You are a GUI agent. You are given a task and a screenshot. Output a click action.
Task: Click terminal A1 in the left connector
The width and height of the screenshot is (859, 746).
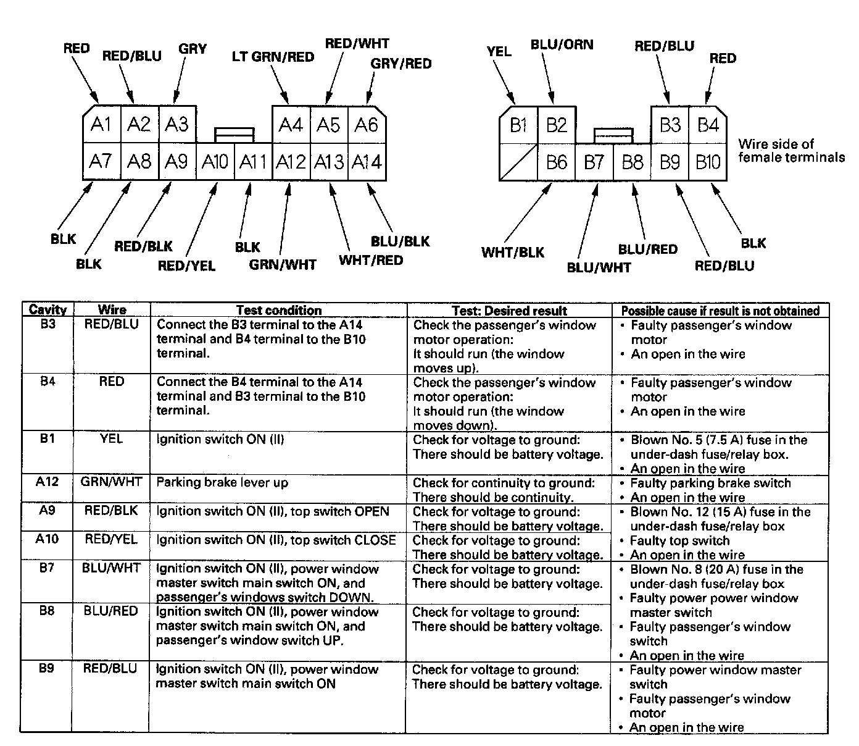click(101, 125)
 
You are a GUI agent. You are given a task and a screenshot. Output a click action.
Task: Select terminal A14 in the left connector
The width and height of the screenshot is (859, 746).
click(367, 162)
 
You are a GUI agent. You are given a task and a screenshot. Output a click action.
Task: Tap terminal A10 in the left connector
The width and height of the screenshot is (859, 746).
click(215, 162)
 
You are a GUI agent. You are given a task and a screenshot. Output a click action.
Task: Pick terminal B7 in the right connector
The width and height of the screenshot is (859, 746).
click(594, 162)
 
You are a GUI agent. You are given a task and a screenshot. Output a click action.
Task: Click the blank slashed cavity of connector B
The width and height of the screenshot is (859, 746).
click(518, 162)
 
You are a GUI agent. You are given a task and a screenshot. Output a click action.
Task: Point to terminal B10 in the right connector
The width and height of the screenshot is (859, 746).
click(708, 162)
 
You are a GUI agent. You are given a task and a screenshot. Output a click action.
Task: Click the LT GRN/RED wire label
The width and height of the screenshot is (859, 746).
click(273, 57)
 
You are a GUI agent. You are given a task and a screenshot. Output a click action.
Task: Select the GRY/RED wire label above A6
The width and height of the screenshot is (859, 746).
click(401, 64)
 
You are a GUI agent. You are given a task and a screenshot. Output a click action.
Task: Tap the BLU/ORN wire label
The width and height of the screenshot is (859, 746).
click(562, 44)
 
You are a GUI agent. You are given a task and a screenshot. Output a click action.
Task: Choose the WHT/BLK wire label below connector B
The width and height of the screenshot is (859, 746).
click(513, 252)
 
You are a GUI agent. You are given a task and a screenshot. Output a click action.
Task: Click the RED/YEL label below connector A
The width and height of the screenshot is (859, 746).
click(186, 266)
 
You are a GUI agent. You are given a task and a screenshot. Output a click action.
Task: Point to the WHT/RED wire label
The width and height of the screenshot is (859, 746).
click(370, 260)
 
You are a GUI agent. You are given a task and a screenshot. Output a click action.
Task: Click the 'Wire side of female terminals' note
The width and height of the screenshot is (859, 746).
click(791, 151)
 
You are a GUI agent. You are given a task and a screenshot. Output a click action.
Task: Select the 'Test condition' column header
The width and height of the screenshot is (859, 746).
click(278, 310)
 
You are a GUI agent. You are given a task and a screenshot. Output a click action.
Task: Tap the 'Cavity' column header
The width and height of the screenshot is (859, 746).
click(48, 310)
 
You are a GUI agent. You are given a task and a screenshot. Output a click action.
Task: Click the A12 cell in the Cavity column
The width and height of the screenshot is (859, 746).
click(47, 482)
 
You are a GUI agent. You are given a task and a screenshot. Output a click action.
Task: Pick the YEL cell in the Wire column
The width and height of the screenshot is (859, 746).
click(111, 439)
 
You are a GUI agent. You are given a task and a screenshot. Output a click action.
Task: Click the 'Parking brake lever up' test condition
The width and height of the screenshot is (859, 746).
click(222, 482)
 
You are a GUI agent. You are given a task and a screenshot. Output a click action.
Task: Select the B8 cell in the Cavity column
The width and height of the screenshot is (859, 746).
click(47, 611)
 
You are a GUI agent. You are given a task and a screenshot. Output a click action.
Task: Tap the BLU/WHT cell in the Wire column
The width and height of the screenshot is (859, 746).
click(111, 568)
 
